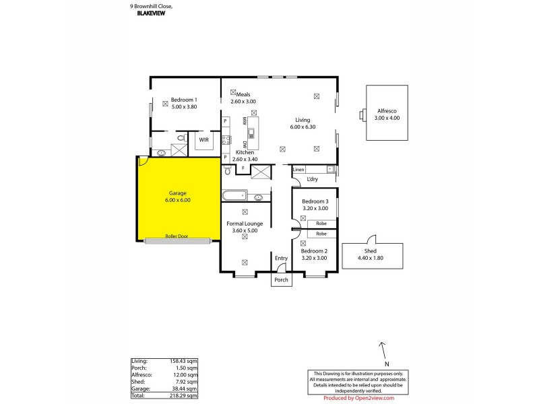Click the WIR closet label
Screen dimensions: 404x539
point(203,140)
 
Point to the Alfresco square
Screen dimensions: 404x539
point(387,113)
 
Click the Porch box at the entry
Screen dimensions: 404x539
point(281,279)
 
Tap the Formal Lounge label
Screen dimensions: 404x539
point(245,223)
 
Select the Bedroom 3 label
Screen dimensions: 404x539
point(315,202)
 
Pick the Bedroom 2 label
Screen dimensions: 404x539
point(315,250)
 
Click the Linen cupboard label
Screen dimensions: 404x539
point(299,169)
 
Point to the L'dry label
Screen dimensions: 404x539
point(313,179)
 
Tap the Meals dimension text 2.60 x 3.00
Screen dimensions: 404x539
point(244,102)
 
